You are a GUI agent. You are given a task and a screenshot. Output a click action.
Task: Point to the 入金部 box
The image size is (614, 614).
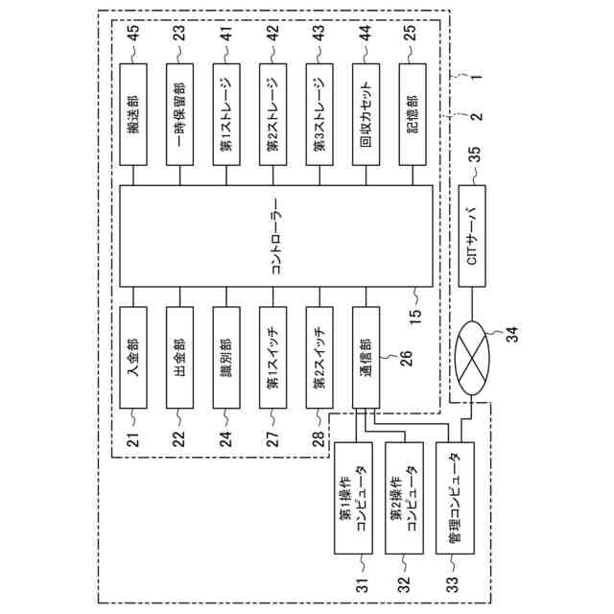pyautogui.click(x=135, y=355)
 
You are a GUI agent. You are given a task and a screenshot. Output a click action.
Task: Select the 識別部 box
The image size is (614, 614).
pyautogui.click(x=227, y=355)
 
